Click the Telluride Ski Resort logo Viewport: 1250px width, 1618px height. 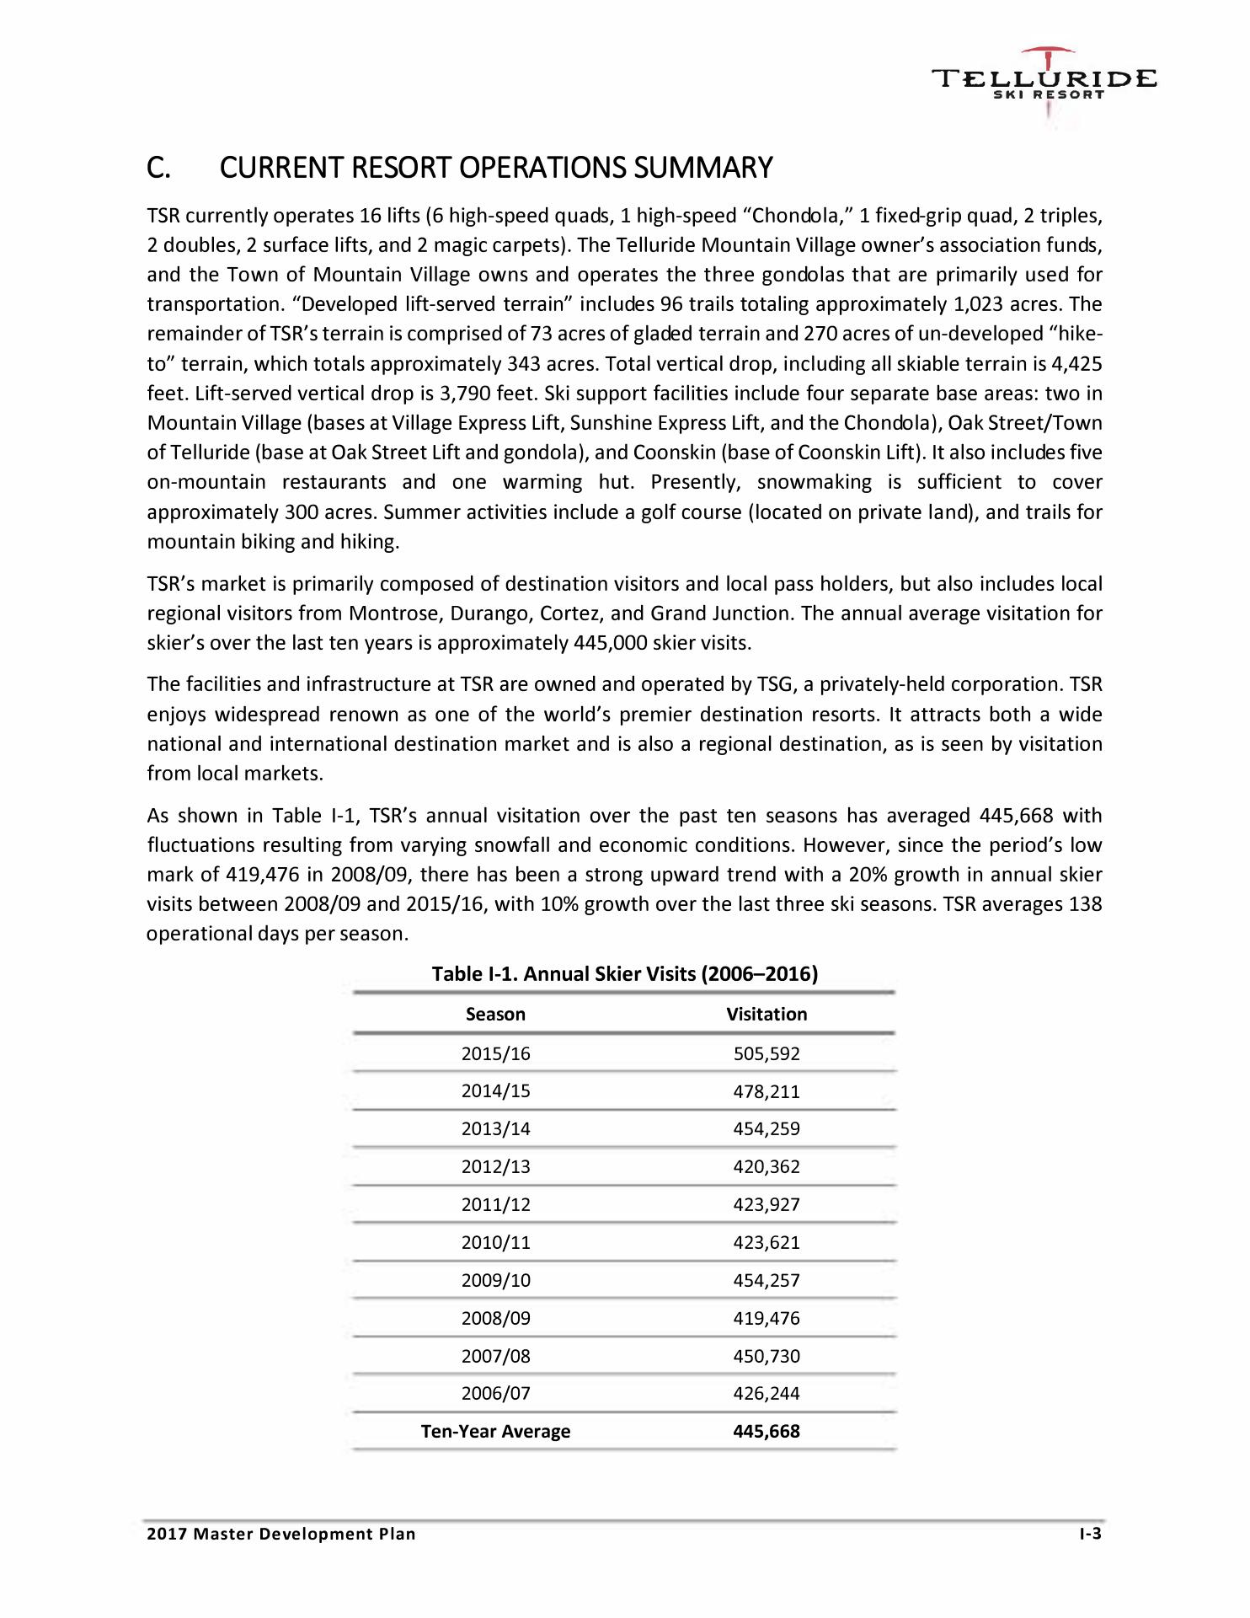(x=1044, y=84)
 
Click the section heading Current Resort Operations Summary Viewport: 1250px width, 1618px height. (x=459, y=169)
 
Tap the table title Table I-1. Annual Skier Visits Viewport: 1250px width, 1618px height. (x=624, y=974)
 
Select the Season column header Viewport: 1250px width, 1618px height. (x=495, y=1014)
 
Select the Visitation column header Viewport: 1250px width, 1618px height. (x=767, y=1014)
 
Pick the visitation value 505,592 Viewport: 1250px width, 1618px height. (x=767, y=1053)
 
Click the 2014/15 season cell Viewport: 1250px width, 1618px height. (x=496, y=1091)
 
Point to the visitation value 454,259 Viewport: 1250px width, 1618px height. (x=767, y=1129)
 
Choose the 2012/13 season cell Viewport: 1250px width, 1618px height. (x=496, y=1167)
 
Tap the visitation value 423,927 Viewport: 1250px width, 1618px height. (x=767, y=1205)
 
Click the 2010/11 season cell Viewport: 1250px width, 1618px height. (x=496, y=1242)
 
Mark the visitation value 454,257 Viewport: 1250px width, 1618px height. (x=767, y=1280)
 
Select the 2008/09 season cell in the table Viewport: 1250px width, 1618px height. (x=496, y=1318)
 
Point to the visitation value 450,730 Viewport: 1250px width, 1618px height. (x=767, y=1356)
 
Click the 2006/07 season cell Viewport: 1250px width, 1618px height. (x=496, y=1394)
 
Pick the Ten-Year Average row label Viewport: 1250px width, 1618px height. (x=495, y=1431)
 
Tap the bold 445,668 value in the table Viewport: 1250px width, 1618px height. (x=767, y=1431)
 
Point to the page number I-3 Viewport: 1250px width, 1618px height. (x=1091, y=1534)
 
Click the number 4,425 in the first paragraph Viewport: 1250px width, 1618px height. (x=1078, y=364)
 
